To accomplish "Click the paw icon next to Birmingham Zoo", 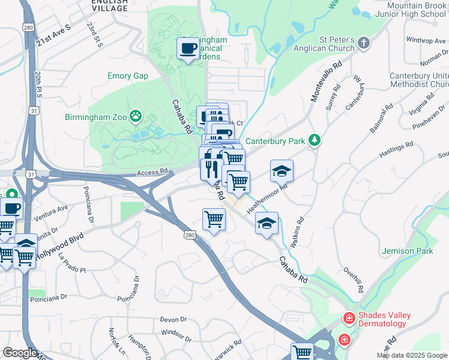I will (x=137, y=115).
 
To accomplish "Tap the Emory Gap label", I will (x=127, y=76).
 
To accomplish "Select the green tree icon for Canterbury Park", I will (x=315, y=140).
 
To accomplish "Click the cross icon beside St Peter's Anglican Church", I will (x=364, y=43).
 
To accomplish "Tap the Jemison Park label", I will (x=406, y=251).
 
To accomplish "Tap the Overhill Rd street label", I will (x=352, y=278).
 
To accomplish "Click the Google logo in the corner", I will (x=20, y=353).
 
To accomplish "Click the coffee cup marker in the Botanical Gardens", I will (x=188, y=49).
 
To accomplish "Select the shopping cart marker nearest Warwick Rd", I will (x=302, y=352).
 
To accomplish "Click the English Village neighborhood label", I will (x=109, y=5).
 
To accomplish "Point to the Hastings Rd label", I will (x=397, y=149).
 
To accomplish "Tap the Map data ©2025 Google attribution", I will (x=412, y=355).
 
